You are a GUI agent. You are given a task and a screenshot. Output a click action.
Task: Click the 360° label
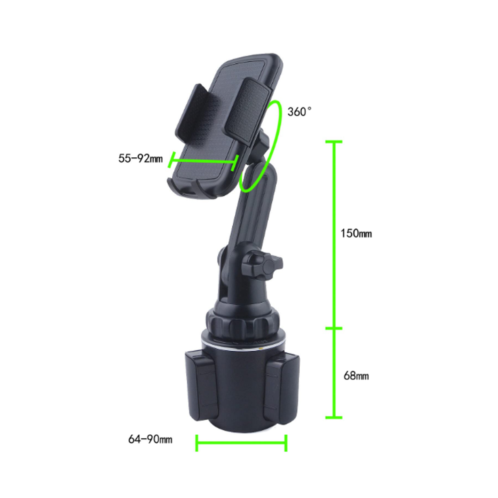click(299, 112)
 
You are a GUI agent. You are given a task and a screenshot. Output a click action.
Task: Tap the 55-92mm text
click(140, 158)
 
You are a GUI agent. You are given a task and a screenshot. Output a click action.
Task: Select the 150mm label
click(356, 233)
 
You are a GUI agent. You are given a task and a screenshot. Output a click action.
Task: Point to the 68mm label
click(356, 375)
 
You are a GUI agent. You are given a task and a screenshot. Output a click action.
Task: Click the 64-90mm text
click(150, 439)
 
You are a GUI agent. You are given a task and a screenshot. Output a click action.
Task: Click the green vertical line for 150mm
click(334, 234)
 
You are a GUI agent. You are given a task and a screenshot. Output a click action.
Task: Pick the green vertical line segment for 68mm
click(334, 373)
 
